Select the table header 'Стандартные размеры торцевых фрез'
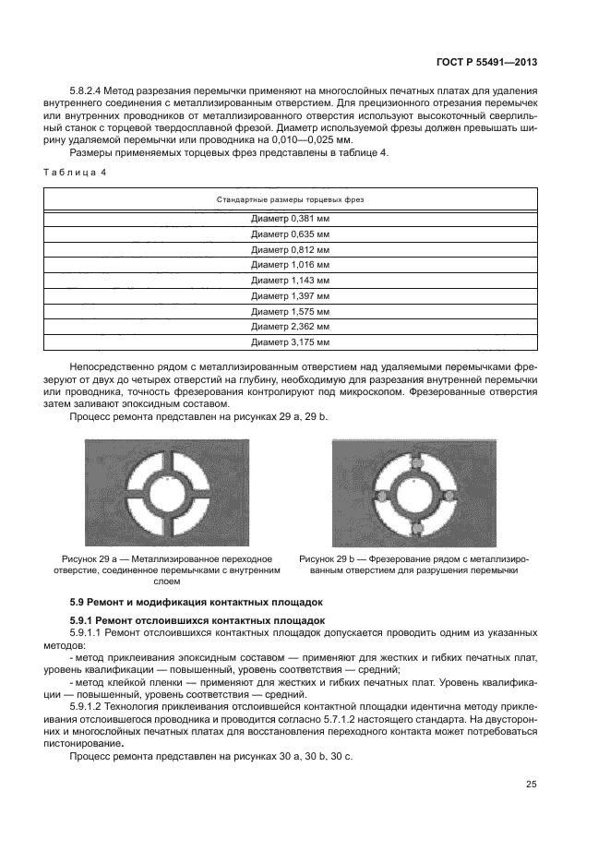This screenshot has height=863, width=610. pos(290,198)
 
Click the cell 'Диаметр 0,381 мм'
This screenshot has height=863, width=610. pos(290,220)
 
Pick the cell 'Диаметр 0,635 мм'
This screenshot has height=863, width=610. pos(290,234)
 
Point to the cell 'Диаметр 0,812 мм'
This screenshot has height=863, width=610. pos(290,249)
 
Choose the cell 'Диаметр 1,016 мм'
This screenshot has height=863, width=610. pos(290,265)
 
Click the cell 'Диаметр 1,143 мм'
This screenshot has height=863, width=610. pos(290,280)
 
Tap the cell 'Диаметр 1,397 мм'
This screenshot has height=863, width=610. pos(290,295)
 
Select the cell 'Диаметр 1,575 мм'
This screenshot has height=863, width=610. pos(290,311)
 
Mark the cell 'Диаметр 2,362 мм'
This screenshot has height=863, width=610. pos(290,327)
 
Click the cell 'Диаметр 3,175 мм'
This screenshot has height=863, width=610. pos(290,342)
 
